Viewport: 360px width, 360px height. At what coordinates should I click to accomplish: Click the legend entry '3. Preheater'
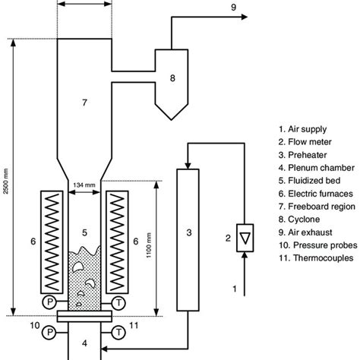[302, 155]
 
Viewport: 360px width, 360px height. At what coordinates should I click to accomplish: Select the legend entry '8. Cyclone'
[299, 219]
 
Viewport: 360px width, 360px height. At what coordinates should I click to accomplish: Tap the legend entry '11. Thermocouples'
[316, 258]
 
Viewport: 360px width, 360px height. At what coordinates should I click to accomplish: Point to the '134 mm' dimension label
[84, 185]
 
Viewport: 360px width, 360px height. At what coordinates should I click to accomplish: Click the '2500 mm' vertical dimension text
[6, 182]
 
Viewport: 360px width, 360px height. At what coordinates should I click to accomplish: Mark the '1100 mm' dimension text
[149, 245]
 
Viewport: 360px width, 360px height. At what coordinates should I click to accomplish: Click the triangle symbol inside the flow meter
[245, 238]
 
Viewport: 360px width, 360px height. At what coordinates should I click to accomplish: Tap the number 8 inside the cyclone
[172, 78]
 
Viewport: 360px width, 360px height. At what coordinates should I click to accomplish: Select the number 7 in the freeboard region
[84, 103]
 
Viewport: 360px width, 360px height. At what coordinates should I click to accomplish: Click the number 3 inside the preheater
[189, 232]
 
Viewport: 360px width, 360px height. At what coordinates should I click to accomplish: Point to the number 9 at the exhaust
[233, 8]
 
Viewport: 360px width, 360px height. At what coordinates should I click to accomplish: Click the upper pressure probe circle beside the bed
[49, 302]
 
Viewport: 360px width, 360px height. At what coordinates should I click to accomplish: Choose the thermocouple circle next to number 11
[118, 332]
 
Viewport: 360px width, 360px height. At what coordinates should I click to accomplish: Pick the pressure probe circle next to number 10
[49, 332]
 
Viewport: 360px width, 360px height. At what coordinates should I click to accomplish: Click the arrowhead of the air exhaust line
[245, 17]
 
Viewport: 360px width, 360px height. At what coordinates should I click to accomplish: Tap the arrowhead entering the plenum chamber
[104, 349]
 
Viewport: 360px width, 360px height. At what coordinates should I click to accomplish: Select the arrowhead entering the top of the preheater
[188, 166]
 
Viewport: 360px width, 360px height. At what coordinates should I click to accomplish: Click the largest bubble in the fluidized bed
[77, 266]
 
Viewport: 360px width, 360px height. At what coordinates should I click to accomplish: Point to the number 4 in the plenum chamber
[84, 343]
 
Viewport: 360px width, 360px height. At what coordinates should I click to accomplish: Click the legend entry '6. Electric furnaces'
[316, 194]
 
